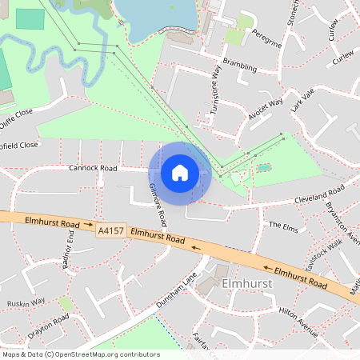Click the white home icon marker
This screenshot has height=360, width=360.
click(x=180, y=172)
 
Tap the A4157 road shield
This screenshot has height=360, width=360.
click(x=110, y=230)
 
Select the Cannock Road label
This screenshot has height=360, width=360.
click(x=93, y=169)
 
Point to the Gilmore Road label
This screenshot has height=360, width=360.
click(x=158, y=203)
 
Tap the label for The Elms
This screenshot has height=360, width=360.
click(x=282, y=226)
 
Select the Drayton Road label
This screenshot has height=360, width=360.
click(x=49, y=326)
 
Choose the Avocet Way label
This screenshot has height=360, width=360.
click(x=266, y=109)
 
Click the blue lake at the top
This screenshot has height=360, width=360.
click(x=156, y=16)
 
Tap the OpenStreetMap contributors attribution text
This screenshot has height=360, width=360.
click(x=81, y=354)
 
